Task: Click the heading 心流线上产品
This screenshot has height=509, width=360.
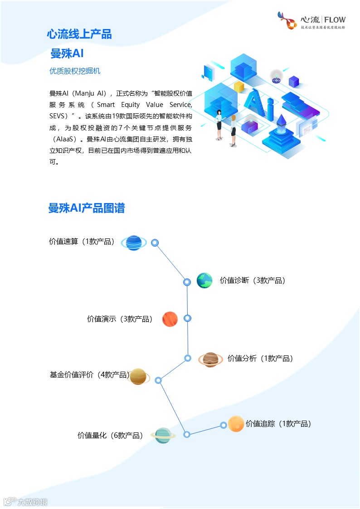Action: [x=79, y=34]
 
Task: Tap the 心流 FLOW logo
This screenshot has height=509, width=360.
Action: [x=311, y=21]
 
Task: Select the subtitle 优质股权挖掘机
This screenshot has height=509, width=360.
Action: [x=75, y=71]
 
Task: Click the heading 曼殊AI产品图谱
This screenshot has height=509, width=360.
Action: [x=87, y=208]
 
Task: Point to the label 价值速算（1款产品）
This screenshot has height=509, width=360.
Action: [x=82, y=242]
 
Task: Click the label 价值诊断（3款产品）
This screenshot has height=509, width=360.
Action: [x=253, y=281]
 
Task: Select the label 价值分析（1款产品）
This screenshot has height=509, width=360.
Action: [x=261, y=359]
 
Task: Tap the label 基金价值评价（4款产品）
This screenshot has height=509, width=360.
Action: [x=90, y=375]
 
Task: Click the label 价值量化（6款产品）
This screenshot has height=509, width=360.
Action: [x=111, y=436]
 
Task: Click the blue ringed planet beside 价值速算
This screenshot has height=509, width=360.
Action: [x=134, y=243]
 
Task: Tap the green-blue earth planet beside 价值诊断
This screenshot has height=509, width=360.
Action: [x=204, y=281]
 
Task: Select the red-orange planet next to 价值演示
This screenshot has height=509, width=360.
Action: [x=170, y=319]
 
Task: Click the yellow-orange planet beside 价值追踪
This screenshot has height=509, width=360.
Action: [x=236, y=424]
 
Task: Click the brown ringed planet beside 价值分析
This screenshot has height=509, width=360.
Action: [x=210, y=360]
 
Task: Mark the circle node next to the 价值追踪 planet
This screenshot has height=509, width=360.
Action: [x=224, y=425]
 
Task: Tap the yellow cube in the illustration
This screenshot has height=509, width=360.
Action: [x=239, y=87]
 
